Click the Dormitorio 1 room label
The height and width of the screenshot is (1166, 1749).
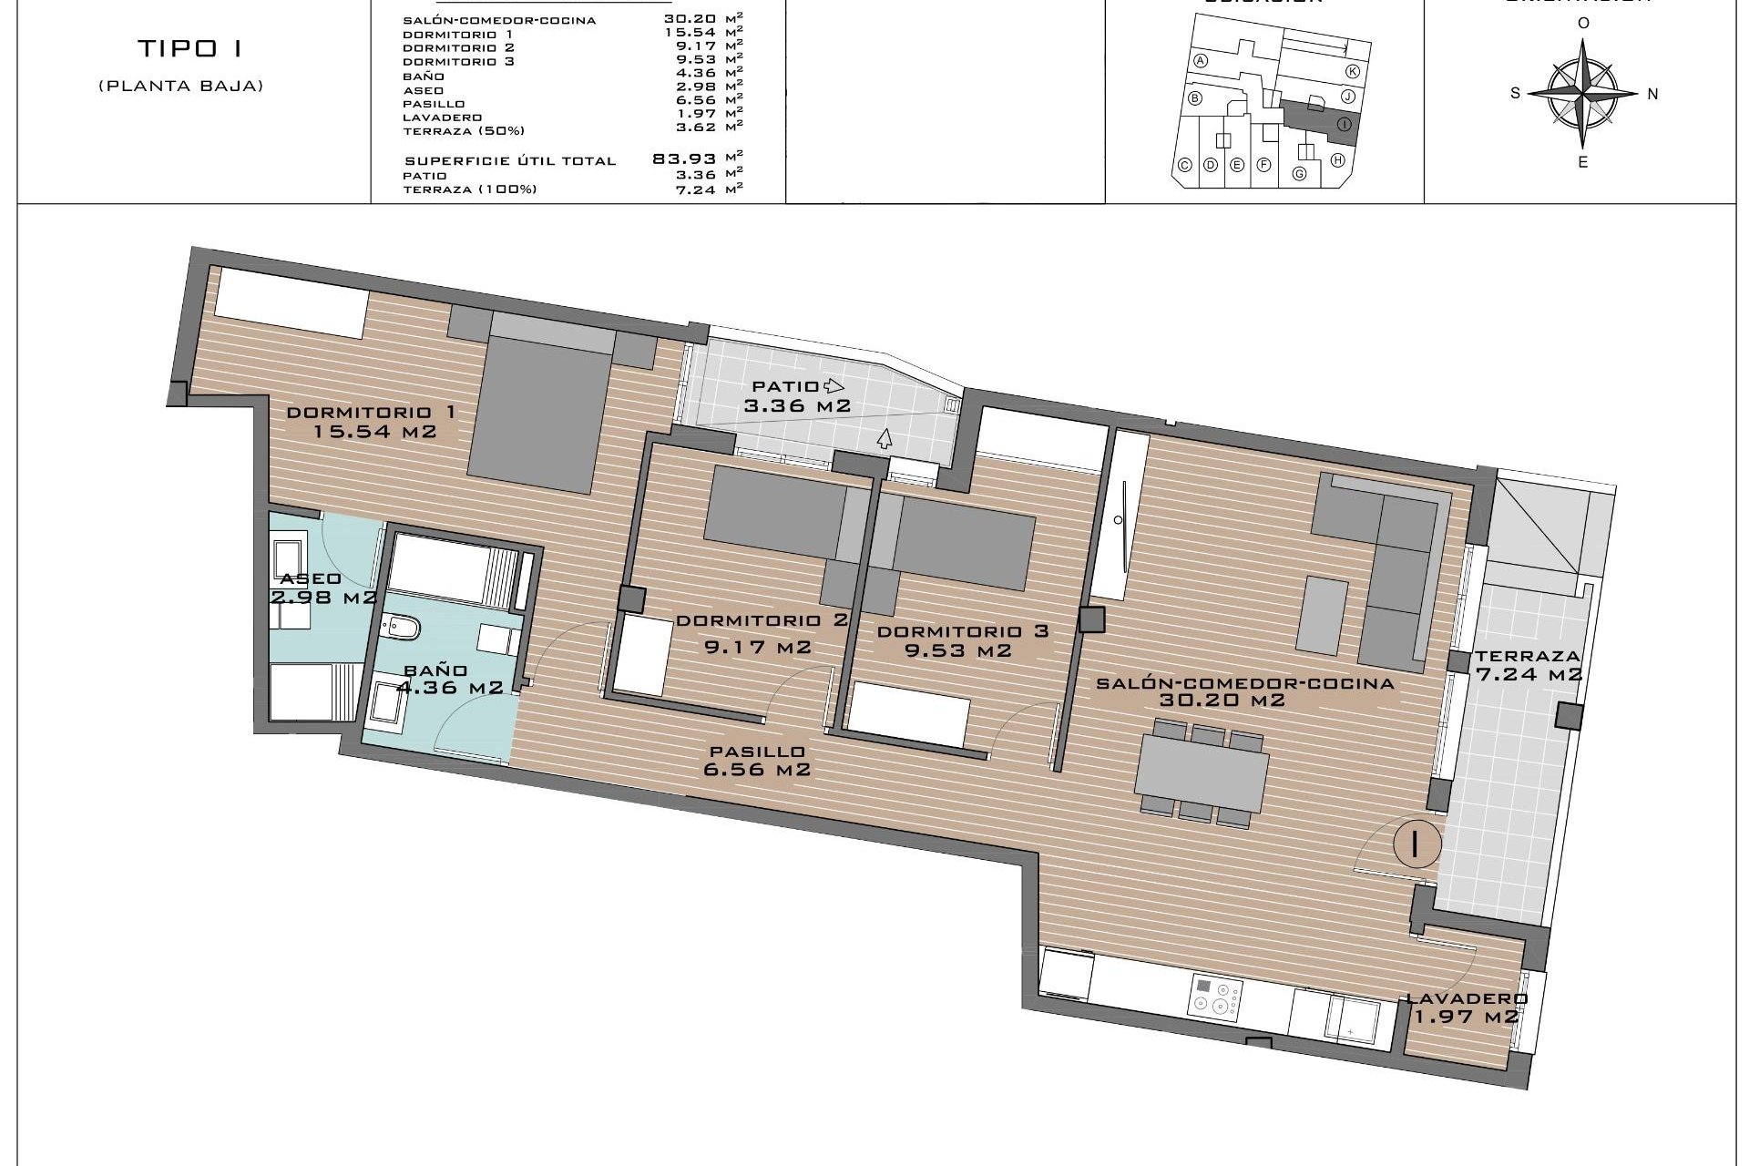372,421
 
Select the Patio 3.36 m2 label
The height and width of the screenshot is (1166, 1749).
798,396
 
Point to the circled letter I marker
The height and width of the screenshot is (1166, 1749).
1416,844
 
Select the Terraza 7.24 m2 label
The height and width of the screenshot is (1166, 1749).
1529,665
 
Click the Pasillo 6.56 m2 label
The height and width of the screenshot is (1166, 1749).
757,760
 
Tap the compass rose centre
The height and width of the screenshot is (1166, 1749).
1583,93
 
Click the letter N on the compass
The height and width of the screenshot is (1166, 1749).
1652,94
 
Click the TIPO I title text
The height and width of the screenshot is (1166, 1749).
190,48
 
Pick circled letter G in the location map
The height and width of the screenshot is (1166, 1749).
1300,173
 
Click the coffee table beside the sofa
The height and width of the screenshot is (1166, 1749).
1324,615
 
